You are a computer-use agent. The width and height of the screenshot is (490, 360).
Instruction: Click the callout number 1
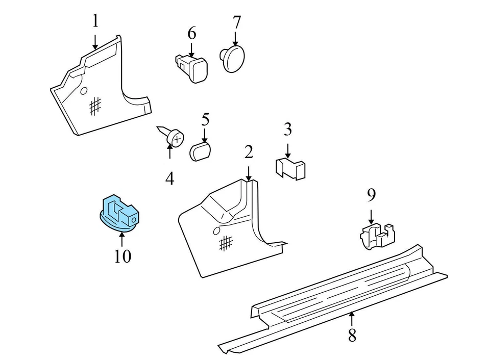(x=95, y=21)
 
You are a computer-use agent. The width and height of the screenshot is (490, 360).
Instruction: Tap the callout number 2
(x=249, y=152)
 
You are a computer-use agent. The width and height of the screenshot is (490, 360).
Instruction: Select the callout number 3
(x=288, y=130)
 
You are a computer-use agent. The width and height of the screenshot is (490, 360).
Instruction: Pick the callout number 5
(x=205, y=120)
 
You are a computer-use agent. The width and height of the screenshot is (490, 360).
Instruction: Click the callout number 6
(x=192, y=33)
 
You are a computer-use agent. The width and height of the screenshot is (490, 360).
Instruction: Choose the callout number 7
(x=236, y=22)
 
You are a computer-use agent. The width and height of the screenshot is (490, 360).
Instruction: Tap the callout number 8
(x=352, y=336)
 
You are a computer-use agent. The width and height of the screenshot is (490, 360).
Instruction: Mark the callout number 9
(x=371, y=194)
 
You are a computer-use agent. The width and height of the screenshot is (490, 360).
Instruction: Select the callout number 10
(x=122, y=256)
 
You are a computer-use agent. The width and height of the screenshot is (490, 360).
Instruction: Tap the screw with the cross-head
(x=173, y=136)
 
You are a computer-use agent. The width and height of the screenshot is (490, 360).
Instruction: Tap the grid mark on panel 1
(x=94, y=106)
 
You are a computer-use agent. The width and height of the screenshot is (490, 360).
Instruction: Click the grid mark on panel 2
(x=226, y=243)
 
